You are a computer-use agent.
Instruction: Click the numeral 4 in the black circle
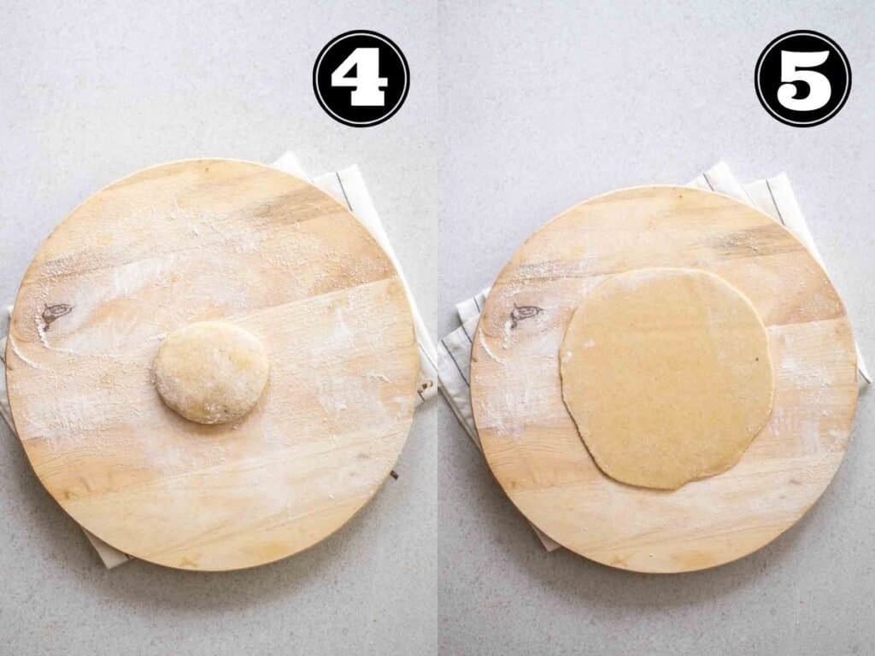coord(361,79)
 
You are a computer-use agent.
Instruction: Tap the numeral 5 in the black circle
coord(802,79)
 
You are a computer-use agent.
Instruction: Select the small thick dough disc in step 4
coord(211,372)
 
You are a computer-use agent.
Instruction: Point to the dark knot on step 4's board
coord(56,313)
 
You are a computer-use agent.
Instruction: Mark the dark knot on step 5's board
coord(524,313)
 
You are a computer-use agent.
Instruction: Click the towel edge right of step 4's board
coord(425,359)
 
